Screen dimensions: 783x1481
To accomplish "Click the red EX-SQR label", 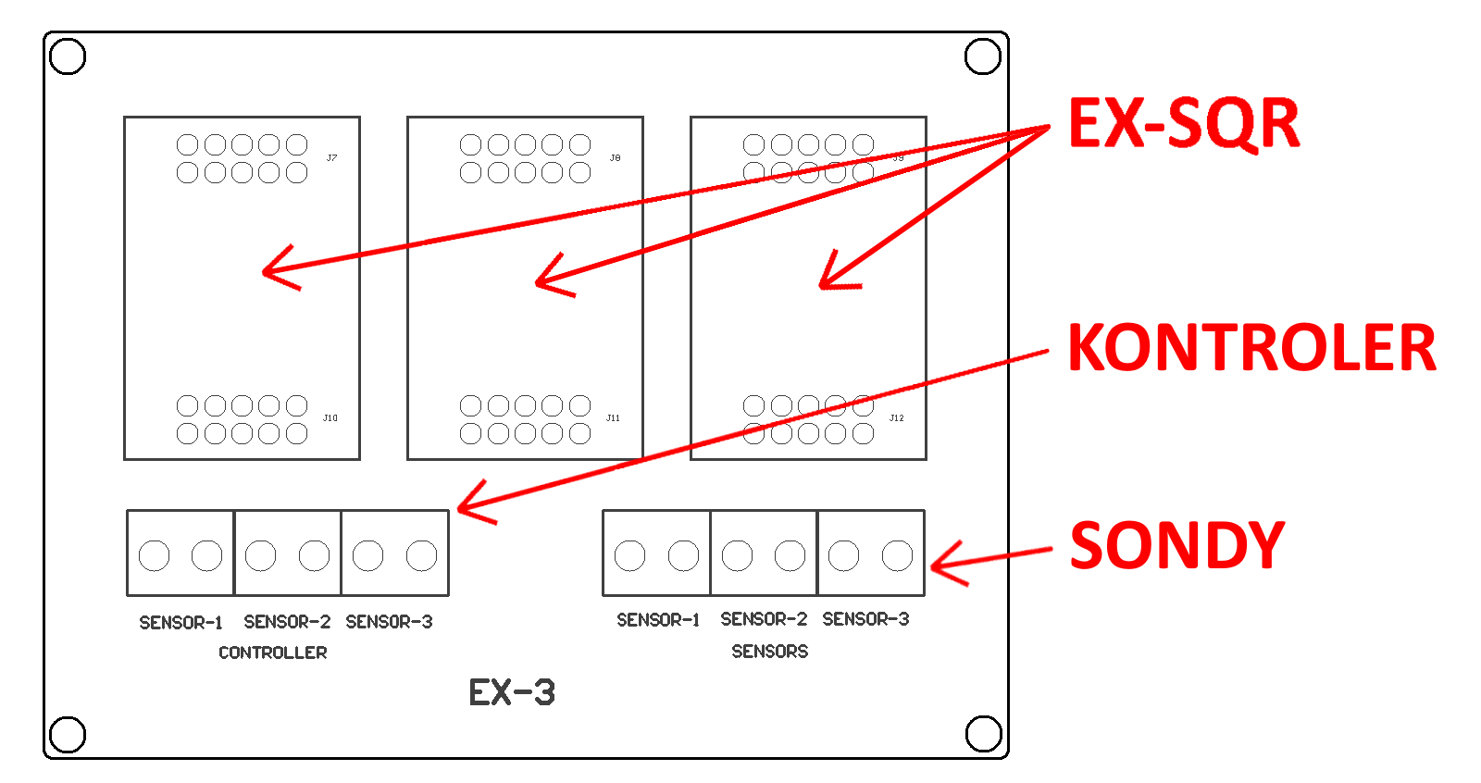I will click(x=1184, y=124).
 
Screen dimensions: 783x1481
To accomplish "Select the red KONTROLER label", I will click(x=1251, y=349).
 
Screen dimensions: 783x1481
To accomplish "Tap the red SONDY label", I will click(x=1176, y=545).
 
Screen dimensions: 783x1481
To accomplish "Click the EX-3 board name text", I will click(x=512, y=692).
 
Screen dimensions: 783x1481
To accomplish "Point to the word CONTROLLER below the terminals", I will click(x=273, y=652).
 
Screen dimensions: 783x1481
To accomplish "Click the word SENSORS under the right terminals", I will click(x=769, y=652).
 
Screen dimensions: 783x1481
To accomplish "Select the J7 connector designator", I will click(x=331, y=158).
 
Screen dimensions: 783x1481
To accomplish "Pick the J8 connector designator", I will click(x=615, y=158).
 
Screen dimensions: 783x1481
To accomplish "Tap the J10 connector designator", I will click(x=330, y=418).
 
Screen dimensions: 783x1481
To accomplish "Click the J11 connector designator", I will click(x=613, y=418).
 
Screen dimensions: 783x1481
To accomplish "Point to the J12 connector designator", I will click(x=896, y=418).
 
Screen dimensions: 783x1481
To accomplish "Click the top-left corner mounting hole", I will click(x=68, y=56).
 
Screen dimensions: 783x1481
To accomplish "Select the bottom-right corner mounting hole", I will click(x=983, y=734).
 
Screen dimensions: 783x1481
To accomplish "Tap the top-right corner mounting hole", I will click(x=983, y=56).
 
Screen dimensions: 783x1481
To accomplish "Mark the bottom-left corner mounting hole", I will click(x=68, y=735).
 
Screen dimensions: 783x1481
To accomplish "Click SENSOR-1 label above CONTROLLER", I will click(x=180, y=623).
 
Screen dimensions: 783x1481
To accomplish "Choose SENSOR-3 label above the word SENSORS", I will click(x=865, y=619).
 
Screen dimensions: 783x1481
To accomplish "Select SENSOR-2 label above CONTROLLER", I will click(x=287, y=622).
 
